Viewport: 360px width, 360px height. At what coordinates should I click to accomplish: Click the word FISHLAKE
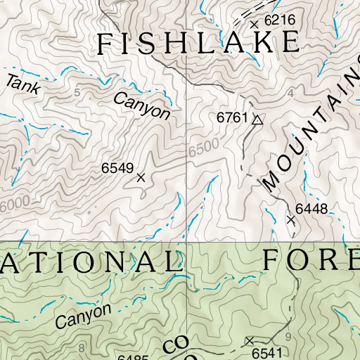pos(197,43)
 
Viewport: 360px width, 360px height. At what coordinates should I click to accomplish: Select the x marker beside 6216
pos(254,24)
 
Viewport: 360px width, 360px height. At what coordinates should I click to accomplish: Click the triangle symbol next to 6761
pos(257,120)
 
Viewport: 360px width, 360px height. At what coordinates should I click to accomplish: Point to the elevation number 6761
pos(233,119)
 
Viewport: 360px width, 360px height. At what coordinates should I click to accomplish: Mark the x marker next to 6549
pos(141,178)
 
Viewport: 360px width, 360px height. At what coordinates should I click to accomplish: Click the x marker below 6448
pos(291,220)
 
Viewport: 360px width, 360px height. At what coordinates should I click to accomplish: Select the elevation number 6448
pos(311,208)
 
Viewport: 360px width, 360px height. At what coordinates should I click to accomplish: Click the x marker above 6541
pos(249,340)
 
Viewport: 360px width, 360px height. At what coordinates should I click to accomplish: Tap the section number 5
pos(77,93)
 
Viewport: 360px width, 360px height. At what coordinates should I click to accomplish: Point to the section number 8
pos(82,348)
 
